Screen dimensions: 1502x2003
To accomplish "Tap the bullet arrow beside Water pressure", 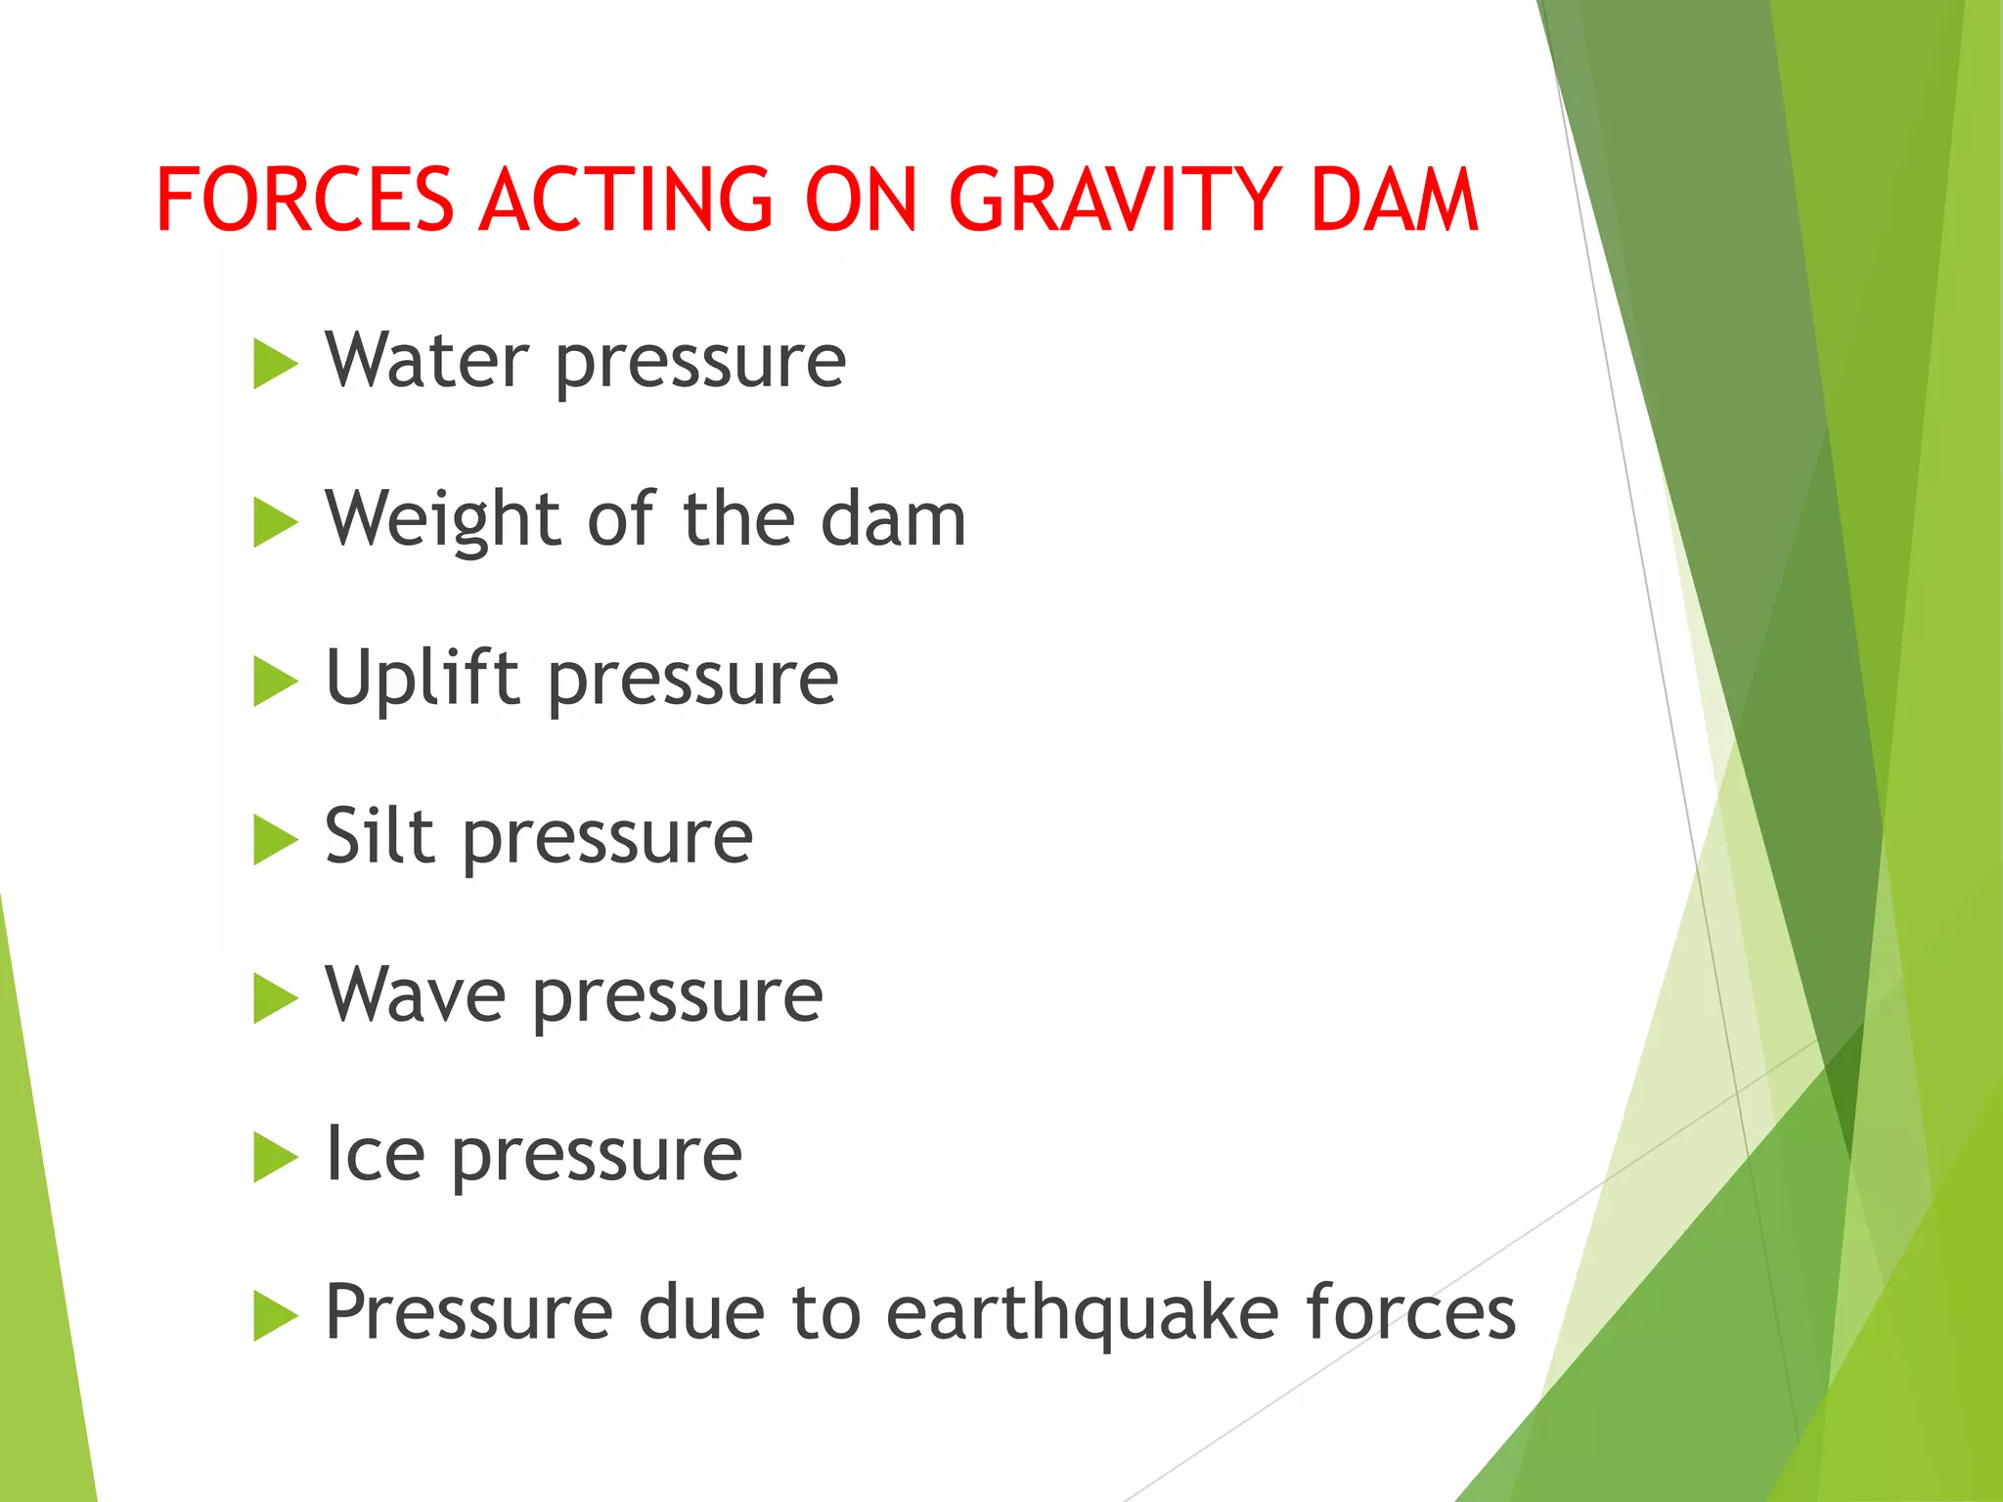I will tap(274, 364).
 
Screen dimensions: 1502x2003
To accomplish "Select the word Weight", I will tap(443, 519).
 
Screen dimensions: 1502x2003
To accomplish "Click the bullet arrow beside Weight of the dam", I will tap(274, 522).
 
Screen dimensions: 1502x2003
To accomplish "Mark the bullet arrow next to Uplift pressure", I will tap(274, 681).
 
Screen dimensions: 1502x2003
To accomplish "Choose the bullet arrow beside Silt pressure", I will tap(274, 839).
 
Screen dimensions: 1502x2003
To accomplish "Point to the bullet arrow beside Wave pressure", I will tap(274, 997).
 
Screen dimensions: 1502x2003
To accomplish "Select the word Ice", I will tap(375, 1154).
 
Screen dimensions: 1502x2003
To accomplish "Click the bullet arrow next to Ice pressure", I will tap(274, 1157).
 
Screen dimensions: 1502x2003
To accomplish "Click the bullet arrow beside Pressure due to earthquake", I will tap(274, 1315).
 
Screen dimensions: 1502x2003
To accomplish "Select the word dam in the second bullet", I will tap(893, 519).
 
